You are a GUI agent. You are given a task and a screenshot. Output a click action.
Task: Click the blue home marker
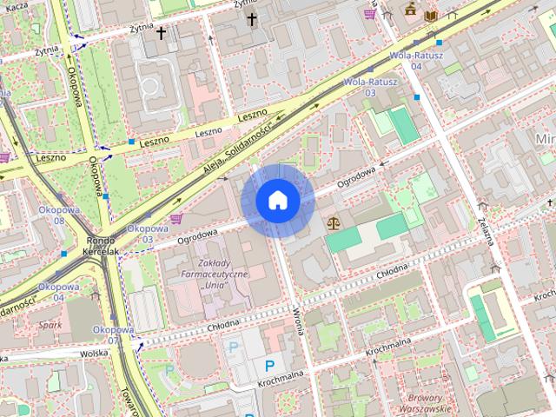click(x=277, y=201)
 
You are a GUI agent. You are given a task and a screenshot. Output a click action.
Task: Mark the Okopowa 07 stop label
click(x=112, y=335)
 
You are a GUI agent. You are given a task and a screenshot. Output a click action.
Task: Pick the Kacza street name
click(x=16, y=6)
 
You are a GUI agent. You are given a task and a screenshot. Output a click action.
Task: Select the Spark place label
click(x=50, y=325)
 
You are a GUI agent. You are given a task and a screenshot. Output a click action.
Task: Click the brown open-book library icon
click(x=431, y=15)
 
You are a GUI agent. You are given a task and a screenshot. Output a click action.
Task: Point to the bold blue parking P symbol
click(x=269, y=366)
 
